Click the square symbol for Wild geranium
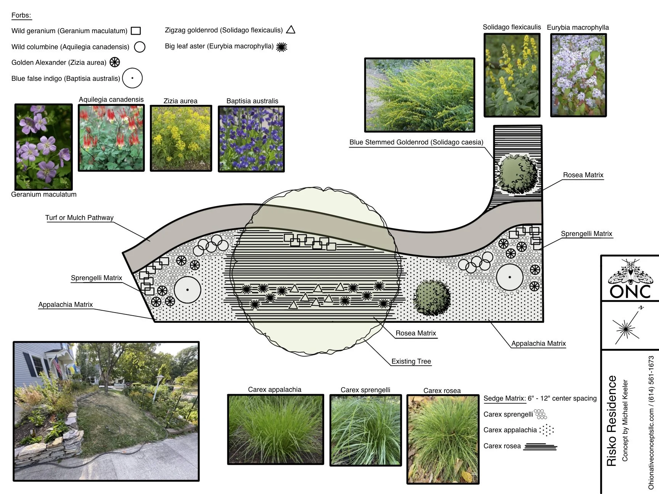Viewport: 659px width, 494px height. pyautogui.click(x=136, y=31)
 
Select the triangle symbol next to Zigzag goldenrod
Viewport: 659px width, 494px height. pyautogui.click(x=291, y=30)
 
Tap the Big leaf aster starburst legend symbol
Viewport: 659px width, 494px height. pyautogui.click(x=281, y=47)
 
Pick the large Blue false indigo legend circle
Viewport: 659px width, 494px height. pyautogui.click(x=132, y=78)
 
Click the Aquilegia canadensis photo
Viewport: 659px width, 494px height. pyautogui.click(x=111, y=138)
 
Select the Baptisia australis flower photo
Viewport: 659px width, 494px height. pyautogui.click(x=251, y=139)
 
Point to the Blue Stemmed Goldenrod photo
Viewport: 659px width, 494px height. pyautogui.click(x=420, y=95)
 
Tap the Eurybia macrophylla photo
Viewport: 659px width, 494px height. pyautogui.click(x=578, y=75)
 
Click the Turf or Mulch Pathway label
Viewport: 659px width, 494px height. pyautogui.click(x=79, y=218)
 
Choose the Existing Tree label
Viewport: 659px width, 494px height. pyautogui.click(x=411, y=361)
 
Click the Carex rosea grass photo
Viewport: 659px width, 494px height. pyautogui.click(x=443, y=439)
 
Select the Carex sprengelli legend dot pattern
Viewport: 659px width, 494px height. pyautogui.click(x=540, y=414)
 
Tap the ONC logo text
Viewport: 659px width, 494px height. pyautogui.click(x=630, y=292)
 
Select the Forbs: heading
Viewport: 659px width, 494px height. pyautogui.click(x=21, y=16)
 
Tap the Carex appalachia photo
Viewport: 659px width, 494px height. pyautogui.click(x=275, y=429)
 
